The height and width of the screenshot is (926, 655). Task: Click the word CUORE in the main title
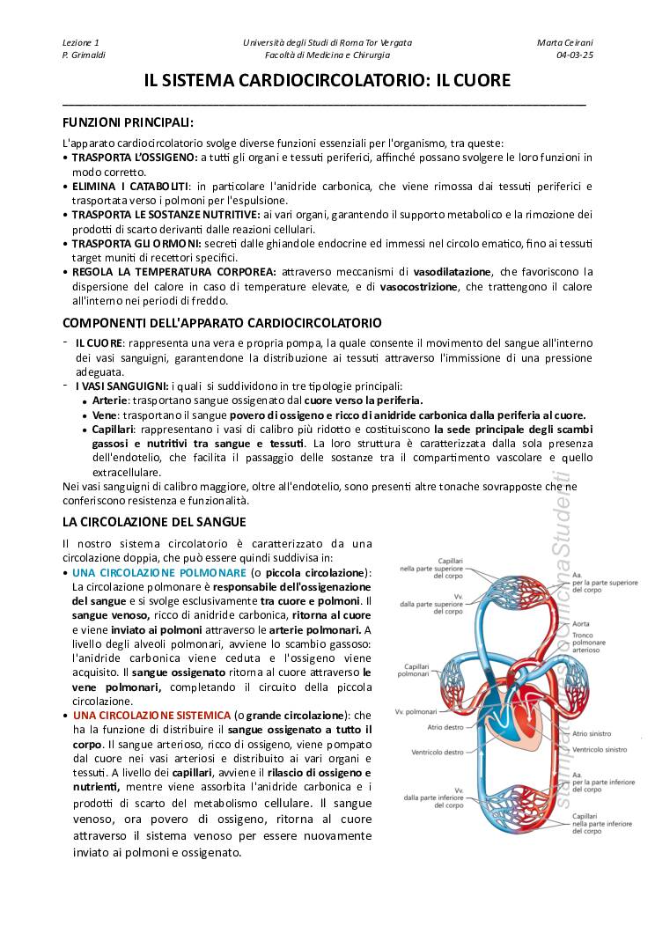tap(481, 81)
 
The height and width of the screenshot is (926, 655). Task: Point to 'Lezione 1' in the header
tap(81, 42)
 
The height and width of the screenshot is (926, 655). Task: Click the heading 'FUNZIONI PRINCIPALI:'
tap(128, 121)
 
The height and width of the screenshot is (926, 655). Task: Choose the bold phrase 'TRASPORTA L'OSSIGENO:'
tap(135, 157)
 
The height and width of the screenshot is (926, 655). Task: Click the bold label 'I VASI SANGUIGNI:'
tap(121, 386)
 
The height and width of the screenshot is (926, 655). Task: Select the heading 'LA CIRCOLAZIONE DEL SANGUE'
tap(154, 522)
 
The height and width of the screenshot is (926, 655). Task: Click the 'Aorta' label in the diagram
tap(582, 623)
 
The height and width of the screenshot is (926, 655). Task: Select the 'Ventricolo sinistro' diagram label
tap(599, 749)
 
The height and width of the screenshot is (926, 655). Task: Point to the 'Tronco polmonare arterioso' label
tap(589, 643)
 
